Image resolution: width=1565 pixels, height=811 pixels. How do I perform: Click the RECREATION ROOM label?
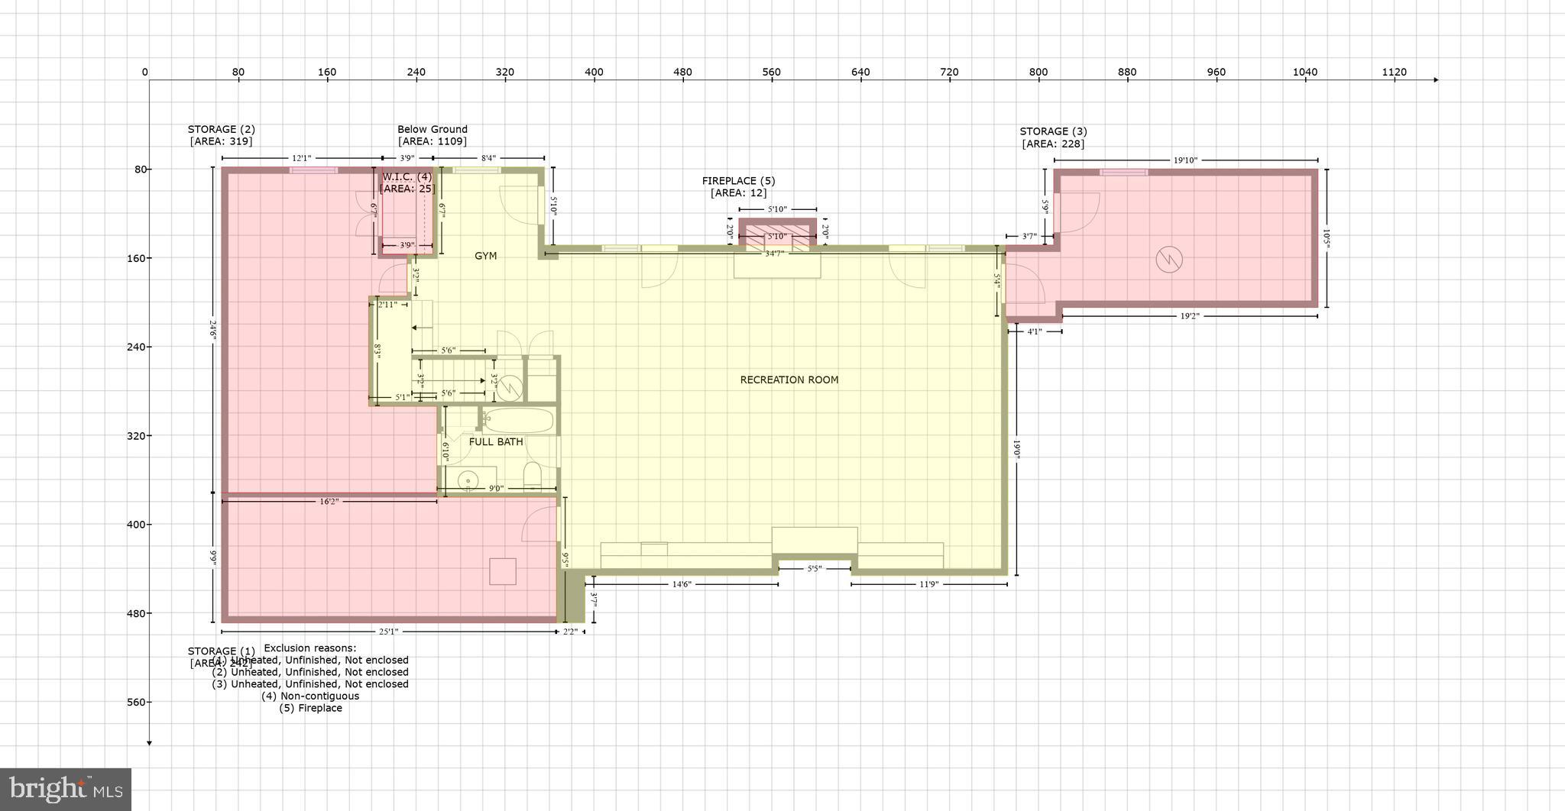pyautogui.click(x=789, y=380)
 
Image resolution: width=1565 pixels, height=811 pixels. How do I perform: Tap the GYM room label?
pyautogui.click(x=485, y=256)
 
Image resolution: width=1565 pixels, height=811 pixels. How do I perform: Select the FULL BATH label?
pyautogui.click(x=496, y=441)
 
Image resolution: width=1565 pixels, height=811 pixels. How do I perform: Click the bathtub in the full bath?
pyautogui.click(x=518, y=421)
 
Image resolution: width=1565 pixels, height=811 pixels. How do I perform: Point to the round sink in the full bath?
pyautogui.click(x=467, y=480)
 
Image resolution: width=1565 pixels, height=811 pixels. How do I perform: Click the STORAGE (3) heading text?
pyautogui.click(x=1052, y=131)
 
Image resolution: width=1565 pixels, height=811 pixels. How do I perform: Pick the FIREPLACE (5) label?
pyautogui.click(x=738, y=181)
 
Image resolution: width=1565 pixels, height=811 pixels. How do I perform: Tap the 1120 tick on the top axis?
pyautogui.click(x=1394, y=73)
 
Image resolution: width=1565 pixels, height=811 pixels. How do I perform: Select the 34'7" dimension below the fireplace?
pyautogui.click(x=774, y=253)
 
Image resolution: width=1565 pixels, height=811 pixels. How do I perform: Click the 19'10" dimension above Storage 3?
pyautogui.click(x=1184, y=160)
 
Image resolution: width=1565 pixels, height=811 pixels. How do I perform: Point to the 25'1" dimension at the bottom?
pyautogui.click(x=388, y=632)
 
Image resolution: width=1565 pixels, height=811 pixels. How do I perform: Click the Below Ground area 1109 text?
pyautogui.click(x=432, y=141)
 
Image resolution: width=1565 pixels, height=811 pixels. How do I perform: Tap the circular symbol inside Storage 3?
pyautogui.click(x=1168, y=260)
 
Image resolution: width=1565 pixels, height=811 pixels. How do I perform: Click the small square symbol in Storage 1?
pyautogui.click(x=502, y=571)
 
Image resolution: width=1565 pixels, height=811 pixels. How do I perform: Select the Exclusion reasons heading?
pyautogui.click(x=309, y=648)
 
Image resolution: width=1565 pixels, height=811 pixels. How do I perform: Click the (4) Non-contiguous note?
pyautogui.click(x=309, y=696)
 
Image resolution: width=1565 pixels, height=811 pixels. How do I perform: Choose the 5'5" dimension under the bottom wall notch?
pyautogui.click(x=814, y=569)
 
